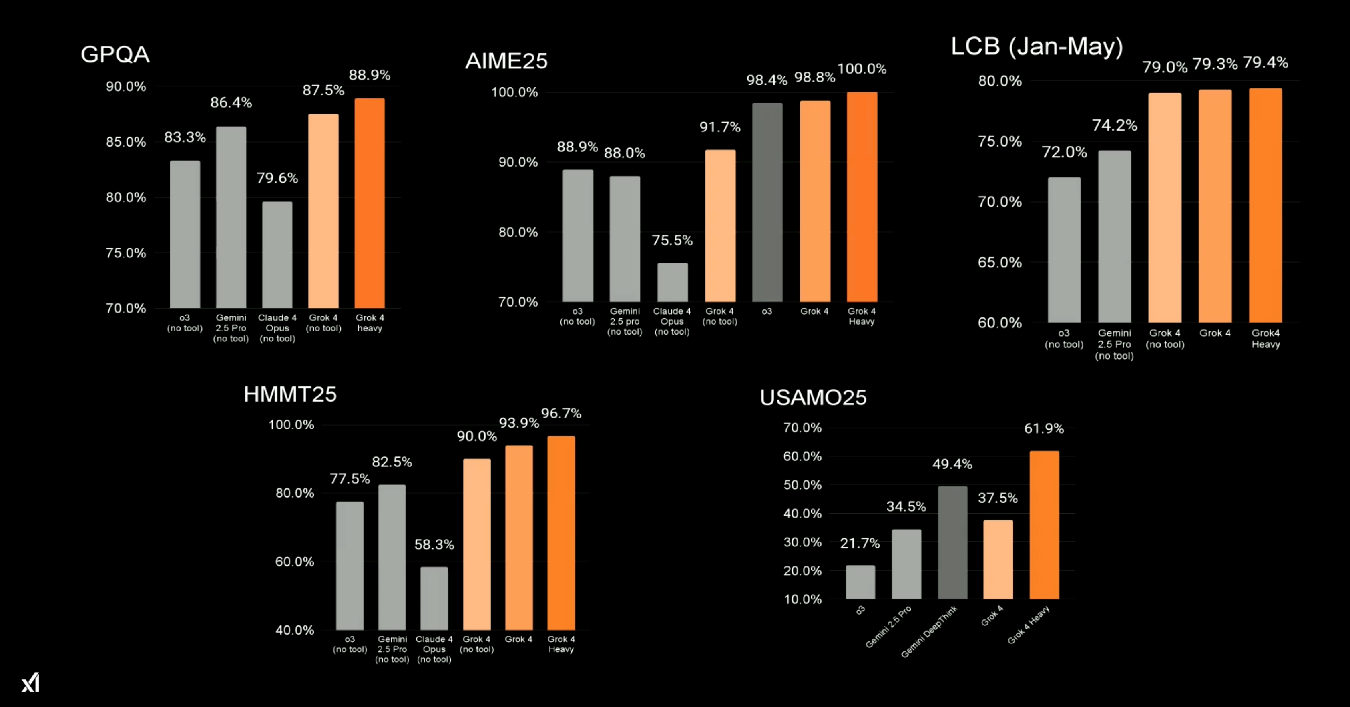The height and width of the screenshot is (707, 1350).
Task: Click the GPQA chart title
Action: coord(115,54)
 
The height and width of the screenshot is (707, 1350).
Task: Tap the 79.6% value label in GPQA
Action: coord(277,178)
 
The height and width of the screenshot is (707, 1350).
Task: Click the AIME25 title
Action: coord(506,61)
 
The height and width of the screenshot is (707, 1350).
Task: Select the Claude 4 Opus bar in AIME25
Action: coord(672,283)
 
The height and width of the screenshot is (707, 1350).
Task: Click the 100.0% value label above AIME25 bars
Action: coord(862,68)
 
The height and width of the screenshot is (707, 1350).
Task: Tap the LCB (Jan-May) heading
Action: coord(1037,47)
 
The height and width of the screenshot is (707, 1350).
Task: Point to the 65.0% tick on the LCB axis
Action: coord(999,263)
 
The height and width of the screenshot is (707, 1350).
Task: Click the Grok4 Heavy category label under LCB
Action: coord(1266,339)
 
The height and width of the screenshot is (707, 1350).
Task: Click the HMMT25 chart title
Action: coord(290,394)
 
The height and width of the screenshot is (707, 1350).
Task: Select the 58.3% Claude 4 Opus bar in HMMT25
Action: coord(434,599)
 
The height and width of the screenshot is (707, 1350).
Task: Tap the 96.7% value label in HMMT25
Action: coord(561,414)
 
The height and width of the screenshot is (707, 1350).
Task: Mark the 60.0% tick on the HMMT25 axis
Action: coord(295,562)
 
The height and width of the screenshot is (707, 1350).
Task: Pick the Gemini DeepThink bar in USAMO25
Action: coord(952,542)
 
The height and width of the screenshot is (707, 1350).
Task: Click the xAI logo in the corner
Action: coord(31,682)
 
